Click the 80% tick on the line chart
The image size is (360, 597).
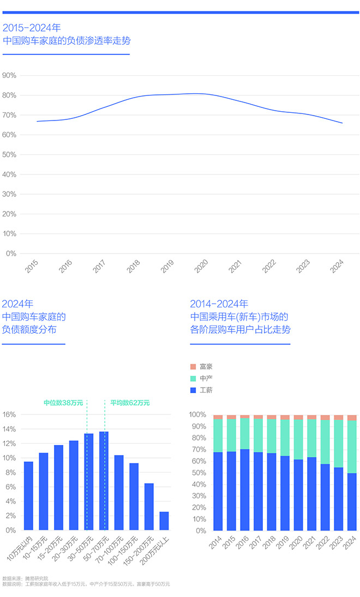click(x=9, y=95)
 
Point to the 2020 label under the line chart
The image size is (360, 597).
click(x=201, y=266)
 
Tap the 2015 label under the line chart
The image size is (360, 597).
click(x=32, y=266)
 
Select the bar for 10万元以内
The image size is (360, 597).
click(x=28, y=496)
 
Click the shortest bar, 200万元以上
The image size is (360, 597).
click(x=164, y=521)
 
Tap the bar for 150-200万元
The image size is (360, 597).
click(x=149, y=506)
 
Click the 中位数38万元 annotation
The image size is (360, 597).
click(x=63, y=403)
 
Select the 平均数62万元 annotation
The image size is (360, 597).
click(x=130, y=403)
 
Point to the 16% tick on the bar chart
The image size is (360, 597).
click(x=10, y=414)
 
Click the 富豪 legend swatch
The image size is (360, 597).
click(x=193, y=367)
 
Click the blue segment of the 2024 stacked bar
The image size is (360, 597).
click(x=352, y=502)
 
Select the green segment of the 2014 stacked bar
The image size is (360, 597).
click(x=218, y=436)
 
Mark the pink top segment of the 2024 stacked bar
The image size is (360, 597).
click(x=352, y=418)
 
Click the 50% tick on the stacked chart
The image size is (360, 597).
click(x=197, y=473)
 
